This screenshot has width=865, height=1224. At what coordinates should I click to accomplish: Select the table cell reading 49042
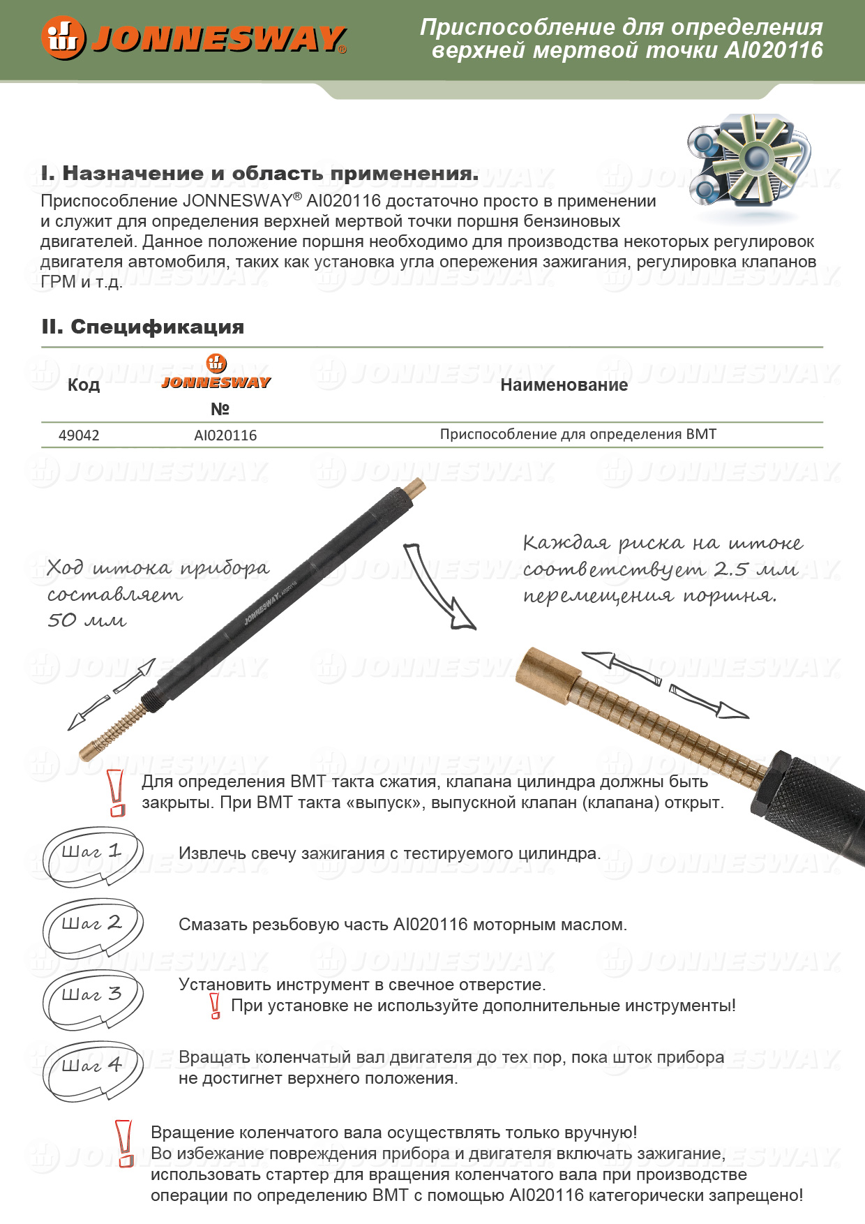(79, 435)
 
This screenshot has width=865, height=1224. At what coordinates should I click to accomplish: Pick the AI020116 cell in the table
(225, 435)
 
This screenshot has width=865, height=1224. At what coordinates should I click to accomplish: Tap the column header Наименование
(564, 385)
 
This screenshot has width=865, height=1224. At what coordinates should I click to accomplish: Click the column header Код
(84, 385)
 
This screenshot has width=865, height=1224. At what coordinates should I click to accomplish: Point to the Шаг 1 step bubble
(93, 856)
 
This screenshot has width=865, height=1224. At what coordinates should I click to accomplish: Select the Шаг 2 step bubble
(93, 927)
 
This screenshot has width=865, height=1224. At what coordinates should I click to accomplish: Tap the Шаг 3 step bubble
(93, 998)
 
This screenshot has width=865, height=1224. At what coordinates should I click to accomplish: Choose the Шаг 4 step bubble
(93, 1069)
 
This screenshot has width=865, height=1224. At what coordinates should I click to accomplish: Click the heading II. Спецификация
(143, 327)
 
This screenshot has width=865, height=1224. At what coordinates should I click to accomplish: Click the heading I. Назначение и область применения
(259, 173)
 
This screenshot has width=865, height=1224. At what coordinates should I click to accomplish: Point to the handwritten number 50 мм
(86, 620)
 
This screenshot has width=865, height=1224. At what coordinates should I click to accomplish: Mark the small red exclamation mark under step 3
(216, 1006)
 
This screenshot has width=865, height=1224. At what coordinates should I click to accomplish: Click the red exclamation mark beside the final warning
(125, 1143)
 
